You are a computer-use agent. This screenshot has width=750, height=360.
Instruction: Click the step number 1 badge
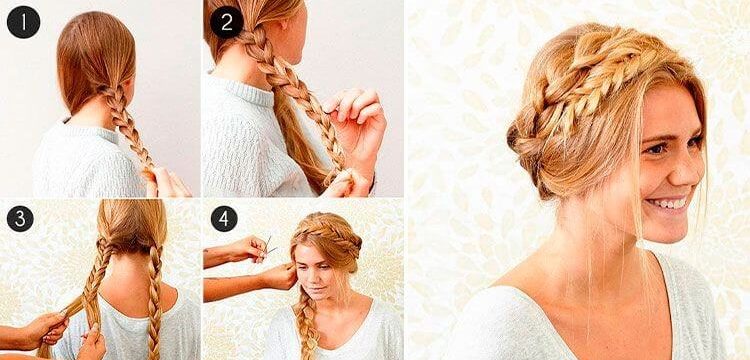(23, 22)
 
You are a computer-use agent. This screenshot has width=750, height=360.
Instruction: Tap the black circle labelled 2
(227, 22)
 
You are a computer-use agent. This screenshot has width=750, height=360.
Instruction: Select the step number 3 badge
(20, 219)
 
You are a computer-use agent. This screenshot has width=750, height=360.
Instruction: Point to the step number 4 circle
(224, 219)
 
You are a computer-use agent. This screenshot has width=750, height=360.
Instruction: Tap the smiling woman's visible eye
(656, 149)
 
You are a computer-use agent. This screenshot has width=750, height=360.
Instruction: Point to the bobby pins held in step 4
(270, 247)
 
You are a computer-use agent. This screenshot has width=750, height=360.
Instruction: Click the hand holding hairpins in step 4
(248, 249)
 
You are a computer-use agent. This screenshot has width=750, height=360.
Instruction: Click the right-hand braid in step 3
(154, 302)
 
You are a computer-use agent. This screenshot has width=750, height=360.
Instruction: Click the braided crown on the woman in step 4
(328, 234)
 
